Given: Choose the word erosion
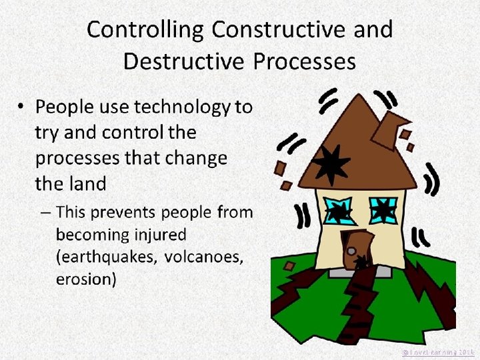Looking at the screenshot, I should [x=86, y=279].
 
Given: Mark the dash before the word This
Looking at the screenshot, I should [x=45, y=213].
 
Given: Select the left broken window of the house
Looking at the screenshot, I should [x=338, y=211].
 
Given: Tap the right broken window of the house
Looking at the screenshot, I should [x=383, y=210].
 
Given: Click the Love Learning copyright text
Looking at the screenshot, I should [x=438, y=351].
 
